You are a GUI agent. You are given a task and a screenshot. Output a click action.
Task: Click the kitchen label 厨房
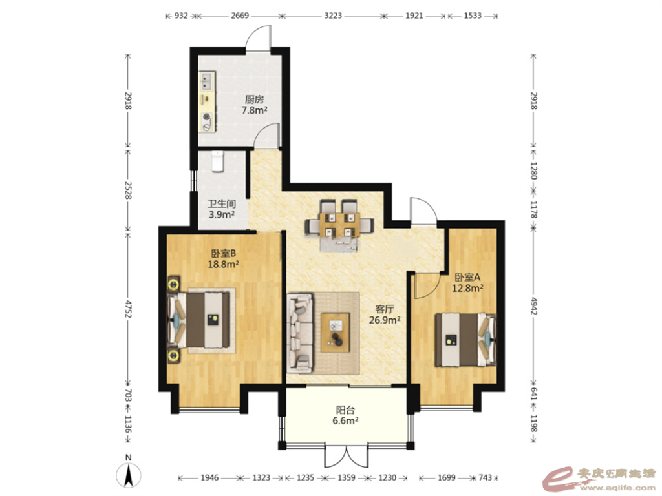click(x=254, y=99)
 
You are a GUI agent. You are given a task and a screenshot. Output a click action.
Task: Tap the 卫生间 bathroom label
click(x=222, y=204)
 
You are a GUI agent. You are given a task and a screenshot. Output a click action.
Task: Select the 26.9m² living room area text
click(x=385, y=320)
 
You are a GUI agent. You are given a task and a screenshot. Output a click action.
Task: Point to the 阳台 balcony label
click(x=345, y=410)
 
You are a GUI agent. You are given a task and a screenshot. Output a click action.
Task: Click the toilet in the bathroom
click(x=217, y=161)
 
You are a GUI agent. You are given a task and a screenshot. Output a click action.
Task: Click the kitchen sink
click(x=206, y=82)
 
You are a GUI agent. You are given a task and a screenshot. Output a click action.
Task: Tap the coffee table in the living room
click(x=336, y=333)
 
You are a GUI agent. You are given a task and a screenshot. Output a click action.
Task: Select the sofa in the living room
click(x=300, y=333)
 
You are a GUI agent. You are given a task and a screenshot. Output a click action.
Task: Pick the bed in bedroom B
click(x=198, y=320)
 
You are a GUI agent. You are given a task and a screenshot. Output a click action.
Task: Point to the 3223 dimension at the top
click(x=333, y=15)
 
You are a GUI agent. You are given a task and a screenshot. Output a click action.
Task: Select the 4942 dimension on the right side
click(x=533, y=305)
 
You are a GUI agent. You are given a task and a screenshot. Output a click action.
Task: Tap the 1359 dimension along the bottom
click(x=347, y=477)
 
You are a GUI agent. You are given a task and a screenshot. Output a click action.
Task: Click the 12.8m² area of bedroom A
click(x=468, y=289)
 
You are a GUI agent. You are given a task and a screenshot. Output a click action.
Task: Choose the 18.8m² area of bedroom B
click(x=223, y=264)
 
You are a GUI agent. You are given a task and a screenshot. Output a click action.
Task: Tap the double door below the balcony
click(x=347, y=455)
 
